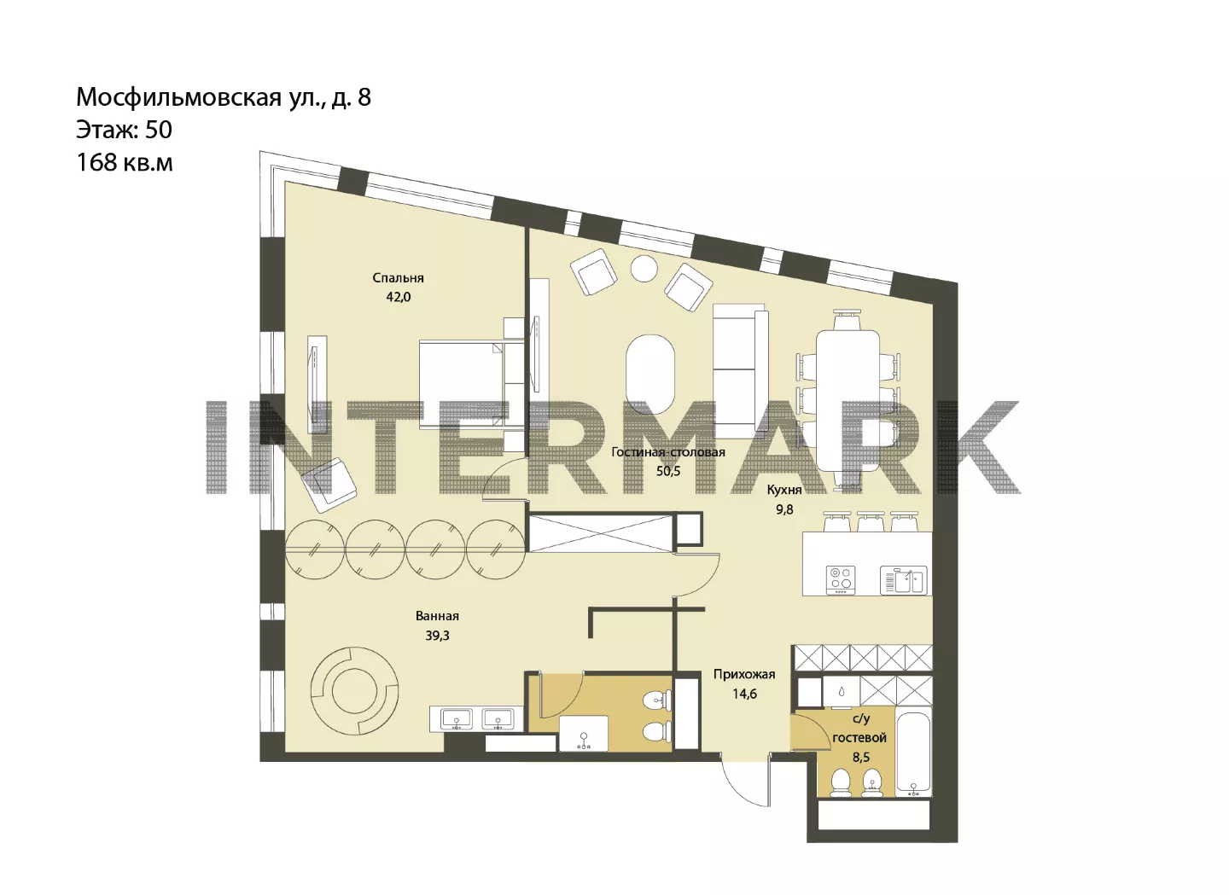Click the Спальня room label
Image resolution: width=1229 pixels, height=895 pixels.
(398, 278)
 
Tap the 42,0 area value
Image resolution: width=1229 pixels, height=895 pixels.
(399, 297)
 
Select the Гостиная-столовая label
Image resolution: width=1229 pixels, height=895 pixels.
(667, 452)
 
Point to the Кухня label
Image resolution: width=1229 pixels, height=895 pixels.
(784, 490)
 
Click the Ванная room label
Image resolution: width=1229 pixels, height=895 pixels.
(437, 616)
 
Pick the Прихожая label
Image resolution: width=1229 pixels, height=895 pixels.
(744, 674)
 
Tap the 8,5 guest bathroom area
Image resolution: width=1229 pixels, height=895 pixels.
(860, 758)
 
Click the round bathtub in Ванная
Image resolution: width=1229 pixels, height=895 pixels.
(354, 692)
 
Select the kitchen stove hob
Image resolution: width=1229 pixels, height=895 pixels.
(841, 580)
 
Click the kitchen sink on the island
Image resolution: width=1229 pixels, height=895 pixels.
(903, 580)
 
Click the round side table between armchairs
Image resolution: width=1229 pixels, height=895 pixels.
(644, 269)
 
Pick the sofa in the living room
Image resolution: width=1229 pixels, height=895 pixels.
(740, 371)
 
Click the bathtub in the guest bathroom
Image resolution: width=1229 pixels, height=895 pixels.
(913, 751)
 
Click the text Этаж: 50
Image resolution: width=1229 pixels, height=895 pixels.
(124, 130)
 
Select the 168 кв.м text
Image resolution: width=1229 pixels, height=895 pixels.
(125, 162)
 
